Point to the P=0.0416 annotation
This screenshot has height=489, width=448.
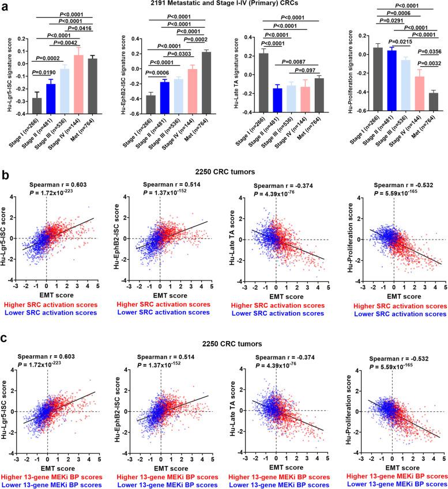pyautogui.click(x=81, y=28)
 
